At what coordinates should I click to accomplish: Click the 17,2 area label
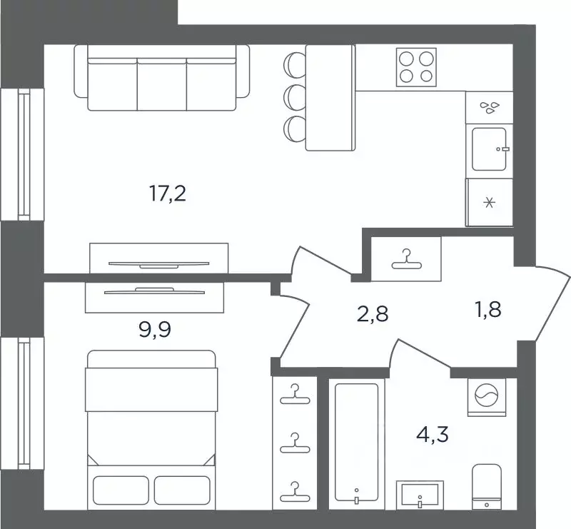(x=168, y=193)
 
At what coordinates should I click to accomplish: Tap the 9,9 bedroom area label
(x=155, y=329)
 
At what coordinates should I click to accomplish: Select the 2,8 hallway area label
(x=373, y=313)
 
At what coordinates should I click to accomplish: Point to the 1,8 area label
(x=488, y=309)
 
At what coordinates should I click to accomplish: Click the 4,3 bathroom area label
(x=433, y=434)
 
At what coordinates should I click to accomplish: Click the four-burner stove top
(x=416, y=67)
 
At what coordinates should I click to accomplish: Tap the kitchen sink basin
(x=489, y=149)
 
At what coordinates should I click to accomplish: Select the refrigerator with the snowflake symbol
(x=489, y=202)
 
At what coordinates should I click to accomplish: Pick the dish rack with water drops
(x=489, y=107)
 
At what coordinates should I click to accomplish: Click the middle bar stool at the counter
(x=295, y=96)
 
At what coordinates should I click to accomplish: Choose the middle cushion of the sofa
(x=162, y=84)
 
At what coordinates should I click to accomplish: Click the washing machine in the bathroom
(x=487, y=397)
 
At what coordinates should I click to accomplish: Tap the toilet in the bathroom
(x=487, y=487)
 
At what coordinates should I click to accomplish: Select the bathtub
(x=356, y=443)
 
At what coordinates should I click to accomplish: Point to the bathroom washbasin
(x=420, y=495)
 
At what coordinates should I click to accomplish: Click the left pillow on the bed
(x=121, y=490)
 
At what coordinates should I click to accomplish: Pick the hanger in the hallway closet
(x=406, y=259)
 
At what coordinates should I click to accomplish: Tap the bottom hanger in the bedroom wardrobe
(x=295, y=492)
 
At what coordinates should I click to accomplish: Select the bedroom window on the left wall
(x=23, y=403)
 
